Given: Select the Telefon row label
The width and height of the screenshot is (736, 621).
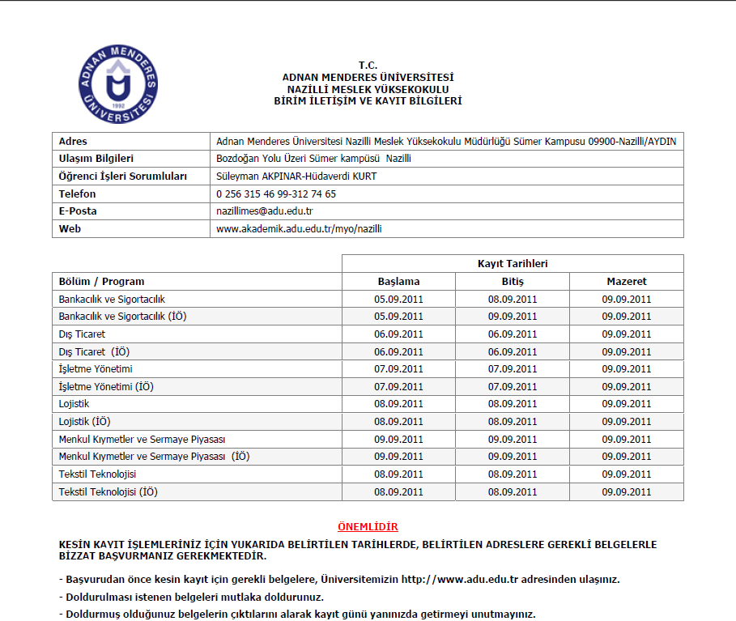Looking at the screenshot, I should click(x=78, y=194).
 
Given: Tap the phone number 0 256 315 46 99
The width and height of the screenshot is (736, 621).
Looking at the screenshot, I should click(x=254, y=194).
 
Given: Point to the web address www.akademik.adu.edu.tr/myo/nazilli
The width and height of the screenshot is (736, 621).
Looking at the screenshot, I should click(x=299, y=229).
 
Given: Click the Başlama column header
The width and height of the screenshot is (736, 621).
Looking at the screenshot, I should click(x=398, y=282).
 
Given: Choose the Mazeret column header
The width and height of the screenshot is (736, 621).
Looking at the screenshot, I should click(x=626, y=282).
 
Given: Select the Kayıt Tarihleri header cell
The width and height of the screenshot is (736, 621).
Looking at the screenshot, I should click(x=512, y=264).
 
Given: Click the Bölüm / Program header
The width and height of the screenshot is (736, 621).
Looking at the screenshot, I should click(x=102, y=282).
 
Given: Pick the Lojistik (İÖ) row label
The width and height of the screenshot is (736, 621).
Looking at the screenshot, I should click(x=85, y=422).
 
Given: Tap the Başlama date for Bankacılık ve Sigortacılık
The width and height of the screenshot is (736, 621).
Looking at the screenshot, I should click(x=398, y=300).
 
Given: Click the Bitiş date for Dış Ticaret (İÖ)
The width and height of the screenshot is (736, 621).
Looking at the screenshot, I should click(x=512, y=352).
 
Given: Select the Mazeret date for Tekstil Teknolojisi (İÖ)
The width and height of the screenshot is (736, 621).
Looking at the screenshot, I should click(x=626, y=492).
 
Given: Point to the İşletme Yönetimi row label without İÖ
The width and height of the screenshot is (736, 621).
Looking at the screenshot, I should click(x=96, y=369).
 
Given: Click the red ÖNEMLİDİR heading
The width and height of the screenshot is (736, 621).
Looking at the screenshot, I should click(x=368, y=527).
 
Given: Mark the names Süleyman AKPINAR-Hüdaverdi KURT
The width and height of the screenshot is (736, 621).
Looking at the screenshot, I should click(x=296, y=177).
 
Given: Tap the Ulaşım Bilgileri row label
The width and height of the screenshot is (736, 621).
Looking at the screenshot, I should click(x=96, y=159).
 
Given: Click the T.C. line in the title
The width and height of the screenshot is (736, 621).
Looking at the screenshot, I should click(x=368, y=66).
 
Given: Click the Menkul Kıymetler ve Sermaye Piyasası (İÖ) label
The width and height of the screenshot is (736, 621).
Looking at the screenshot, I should click(x=154, y=457).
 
